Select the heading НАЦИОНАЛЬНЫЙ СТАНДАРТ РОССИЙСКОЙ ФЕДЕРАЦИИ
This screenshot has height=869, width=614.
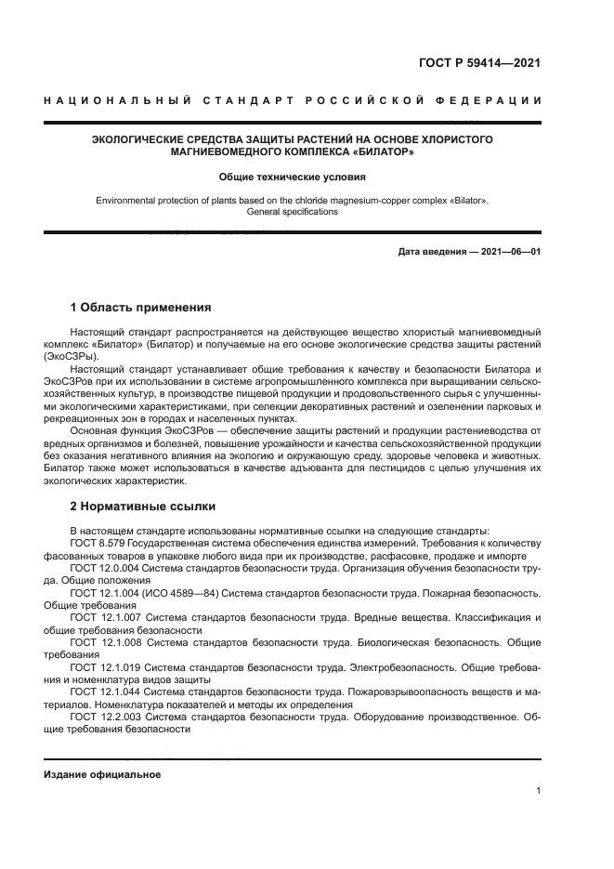pos(293,100)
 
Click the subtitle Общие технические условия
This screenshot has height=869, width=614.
pos(293,176)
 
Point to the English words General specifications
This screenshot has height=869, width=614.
pos(293,212)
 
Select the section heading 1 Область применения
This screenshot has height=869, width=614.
pos(140,307)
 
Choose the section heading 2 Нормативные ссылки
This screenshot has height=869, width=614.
pos(142,507)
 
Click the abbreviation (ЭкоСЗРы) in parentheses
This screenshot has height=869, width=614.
pos(70,356)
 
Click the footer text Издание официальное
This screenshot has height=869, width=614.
pos(102,774)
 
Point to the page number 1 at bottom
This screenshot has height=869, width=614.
pos(538,791)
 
